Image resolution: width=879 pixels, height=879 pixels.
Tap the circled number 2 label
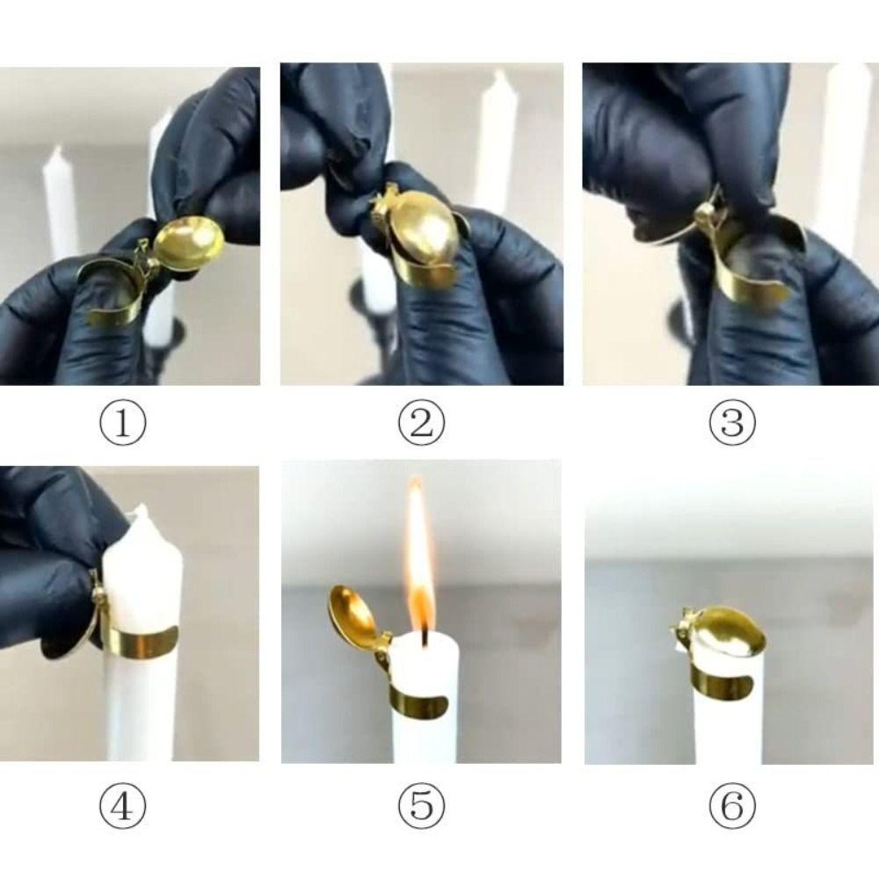pyautogui.click(x=422, y=425)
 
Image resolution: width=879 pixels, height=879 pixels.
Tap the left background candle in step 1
pyautogui.click(x=60, y=202)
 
